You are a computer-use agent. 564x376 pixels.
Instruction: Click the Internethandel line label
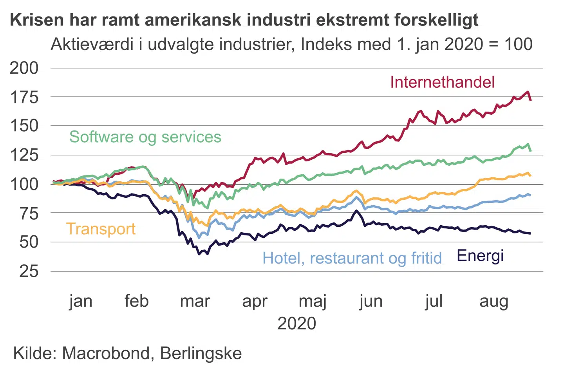pyautogui.click(x=442, y=82)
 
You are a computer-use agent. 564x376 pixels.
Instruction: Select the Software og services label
pyautogui.click(x=145, y=137)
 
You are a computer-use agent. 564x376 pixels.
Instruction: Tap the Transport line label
pyautogui.click(x=101, y=229)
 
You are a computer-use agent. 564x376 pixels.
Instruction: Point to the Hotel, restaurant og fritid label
pyautogui.click(x=352, y=258)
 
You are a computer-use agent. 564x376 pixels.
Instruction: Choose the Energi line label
pyautogui.click(x=480, y=255)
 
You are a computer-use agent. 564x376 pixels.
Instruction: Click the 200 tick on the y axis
pyautogui.click(x=24, y=68)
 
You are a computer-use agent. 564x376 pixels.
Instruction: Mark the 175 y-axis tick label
pyautogui.click(x=24, y=97)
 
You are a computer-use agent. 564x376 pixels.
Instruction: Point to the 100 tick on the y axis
pyautogui.click(x=24, y=184)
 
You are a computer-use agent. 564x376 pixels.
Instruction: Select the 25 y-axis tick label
pyautogui.click(x=29, y=271)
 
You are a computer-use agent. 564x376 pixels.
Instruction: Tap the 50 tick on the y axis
pyautogui.click(x=29, y=242)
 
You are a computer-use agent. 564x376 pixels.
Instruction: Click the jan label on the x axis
pyautogui.click(x=81, y=301)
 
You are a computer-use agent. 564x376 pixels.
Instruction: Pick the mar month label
pyautogui.click(x=195, y=301)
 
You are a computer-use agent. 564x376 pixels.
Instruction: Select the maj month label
pyautogui.click(x=313, y=301)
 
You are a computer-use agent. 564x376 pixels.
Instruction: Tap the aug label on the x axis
pyautogui.click(x=494, y=301)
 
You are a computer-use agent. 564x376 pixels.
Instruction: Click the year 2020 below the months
pyautogui.click(x=296, y=324)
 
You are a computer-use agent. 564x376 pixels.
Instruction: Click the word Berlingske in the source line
pyautogui.click(x=201, y=353)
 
